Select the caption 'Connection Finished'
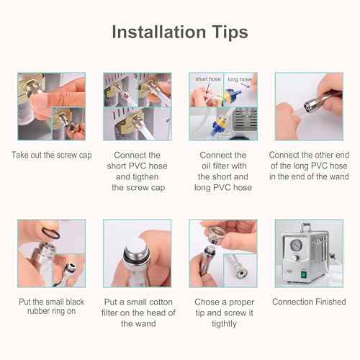[309, 302]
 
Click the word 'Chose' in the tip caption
[208, 302]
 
